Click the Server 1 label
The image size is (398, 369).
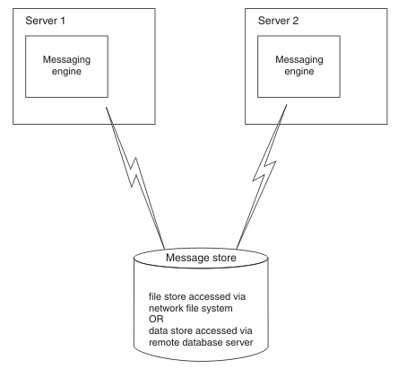(x=45, y=21)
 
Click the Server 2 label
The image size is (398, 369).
(x=278, y=21)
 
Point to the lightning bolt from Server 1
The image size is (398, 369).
(x=136, y=177)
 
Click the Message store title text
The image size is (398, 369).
(x=201, y=258)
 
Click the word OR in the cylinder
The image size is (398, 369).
(x=156, y=319)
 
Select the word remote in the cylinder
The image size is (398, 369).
(x=164, y=342)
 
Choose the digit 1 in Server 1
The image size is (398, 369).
(x=63, y=21)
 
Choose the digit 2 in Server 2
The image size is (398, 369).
(x=295, y=21)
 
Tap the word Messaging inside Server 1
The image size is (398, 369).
(x=66, y=60)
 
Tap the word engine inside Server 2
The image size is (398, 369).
(x=299, y=72)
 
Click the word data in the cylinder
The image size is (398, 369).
(x=158, y=330)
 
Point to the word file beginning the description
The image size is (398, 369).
(x=155, y=296)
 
